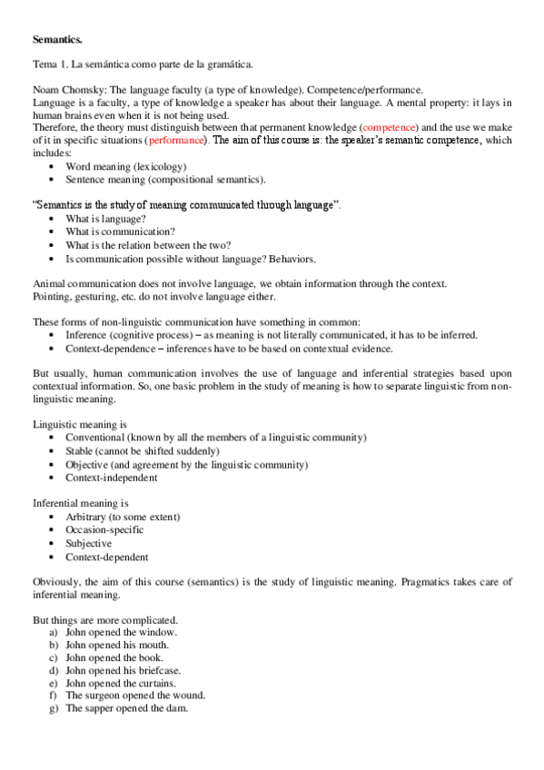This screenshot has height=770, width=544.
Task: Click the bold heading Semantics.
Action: click(x=56, y=41)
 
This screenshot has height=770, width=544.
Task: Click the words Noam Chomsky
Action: click(x=64, y=90)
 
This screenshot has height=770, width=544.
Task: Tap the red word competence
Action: click(x=389, y=129)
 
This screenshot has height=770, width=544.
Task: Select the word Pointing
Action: click(x=52, y=297)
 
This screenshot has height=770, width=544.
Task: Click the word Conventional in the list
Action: click(x=97, y=438)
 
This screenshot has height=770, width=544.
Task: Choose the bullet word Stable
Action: click(x=82, y=450)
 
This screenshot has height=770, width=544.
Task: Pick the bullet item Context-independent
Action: click(x=111, y=477)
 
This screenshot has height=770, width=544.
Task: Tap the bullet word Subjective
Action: click(x=89, y=543)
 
